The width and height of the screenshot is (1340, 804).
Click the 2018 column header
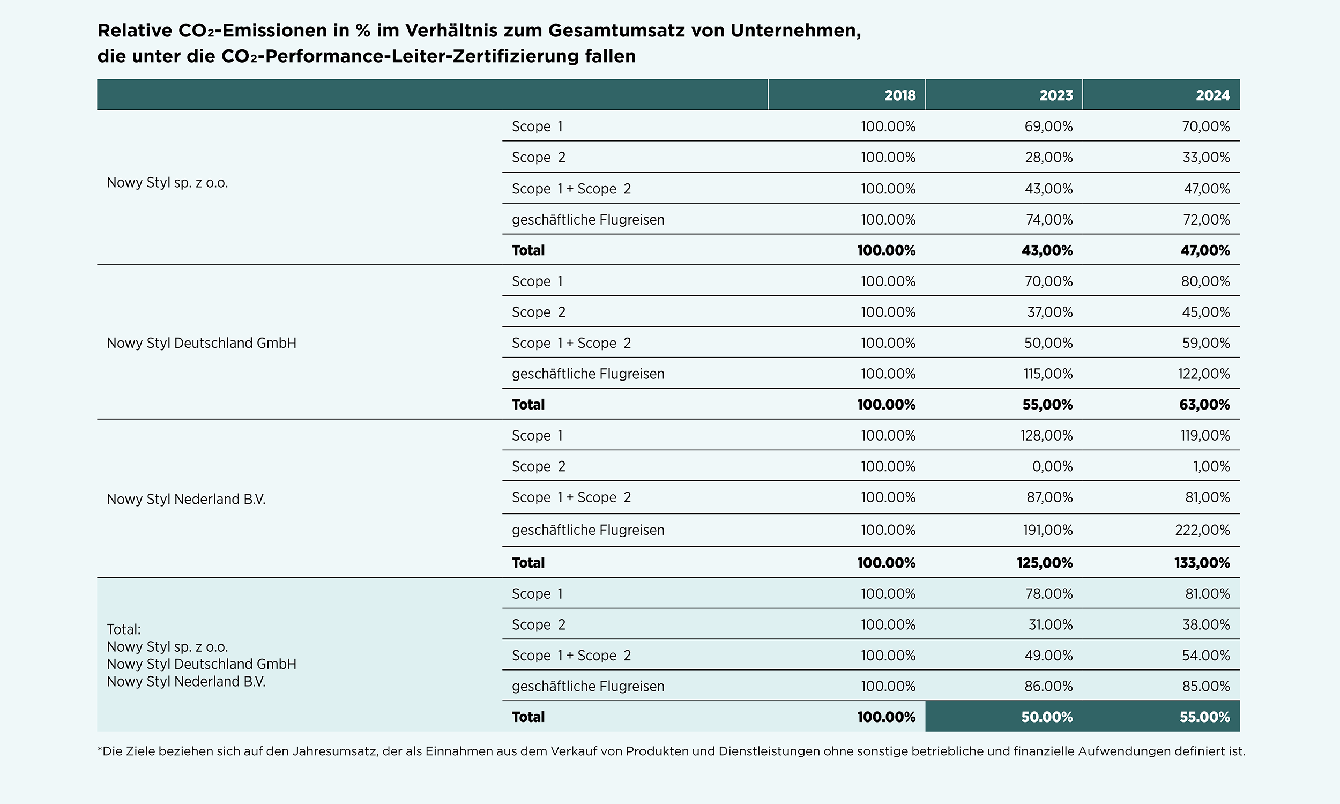click(899, 95)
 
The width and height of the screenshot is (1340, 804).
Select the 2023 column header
click(1055, 95)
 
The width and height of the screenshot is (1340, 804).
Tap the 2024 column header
click(1213, 95)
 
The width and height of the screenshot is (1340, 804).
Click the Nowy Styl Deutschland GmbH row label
click(202, 343)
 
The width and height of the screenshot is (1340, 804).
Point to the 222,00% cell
click(1202, 530)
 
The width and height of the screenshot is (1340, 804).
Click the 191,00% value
click(1047, 530)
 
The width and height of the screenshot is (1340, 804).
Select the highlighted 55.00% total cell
click(1204, 717)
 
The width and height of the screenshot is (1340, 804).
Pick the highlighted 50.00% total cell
click(1047, 717)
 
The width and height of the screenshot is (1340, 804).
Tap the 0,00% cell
click(1052, 466)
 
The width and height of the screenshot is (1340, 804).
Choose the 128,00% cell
click(1046, 436)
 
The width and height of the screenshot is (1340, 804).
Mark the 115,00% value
click(1048, 374)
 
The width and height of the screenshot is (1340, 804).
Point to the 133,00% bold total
click(1202, 563)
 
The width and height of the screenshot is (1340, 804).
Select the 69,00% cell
click(1048, 126)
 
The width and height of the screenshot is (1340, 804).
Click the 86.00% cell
click(1048, 687)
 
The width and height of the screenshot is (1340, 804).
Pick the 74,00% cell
click(1049, 219)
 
